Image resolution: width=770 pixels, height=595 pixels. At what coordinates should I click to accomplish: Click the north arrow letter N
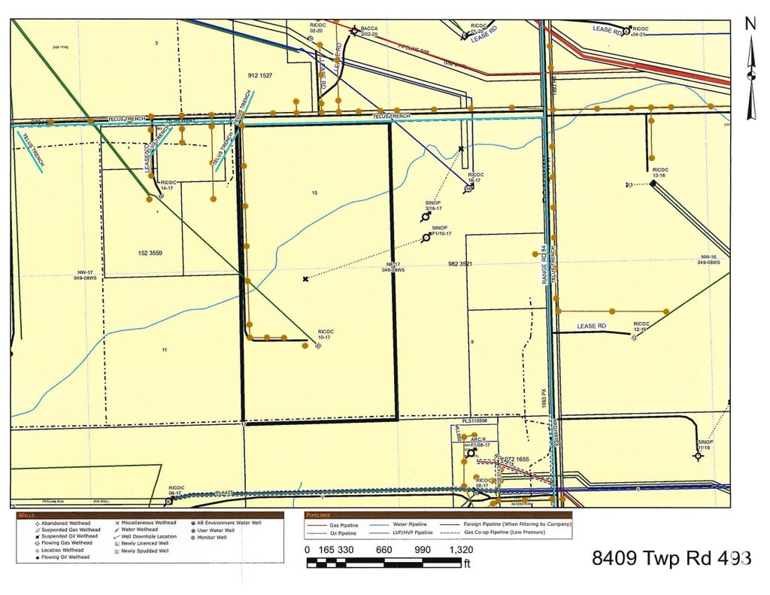750,24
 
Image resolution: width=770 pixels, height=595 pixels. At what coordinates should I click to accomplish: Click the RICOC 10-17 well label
325,334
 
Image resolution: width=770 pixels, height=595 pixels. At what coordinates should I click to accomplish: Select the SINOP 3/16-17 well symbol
426,217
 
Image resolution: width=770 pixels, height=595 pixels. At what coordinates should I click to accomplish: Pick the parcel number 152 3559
150,253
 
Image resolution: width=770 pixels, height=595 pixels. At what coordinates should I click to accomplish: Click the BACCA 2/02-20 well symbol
354,32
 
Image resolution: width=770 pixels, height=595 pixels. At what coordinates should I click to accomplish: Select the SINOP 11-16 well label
705,445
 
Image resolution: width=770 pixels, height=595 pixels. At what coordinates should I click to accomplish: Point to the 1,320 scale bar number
461,550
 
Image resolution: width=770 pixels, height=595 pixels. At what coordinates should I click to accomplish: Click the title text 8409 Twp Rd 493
671,558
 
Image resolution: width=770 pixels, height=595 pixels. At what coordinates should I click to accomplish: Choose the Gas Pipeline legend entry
344,524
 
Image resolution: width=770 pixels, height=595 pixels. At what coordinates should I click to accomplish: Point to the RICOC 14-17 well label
168,184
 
